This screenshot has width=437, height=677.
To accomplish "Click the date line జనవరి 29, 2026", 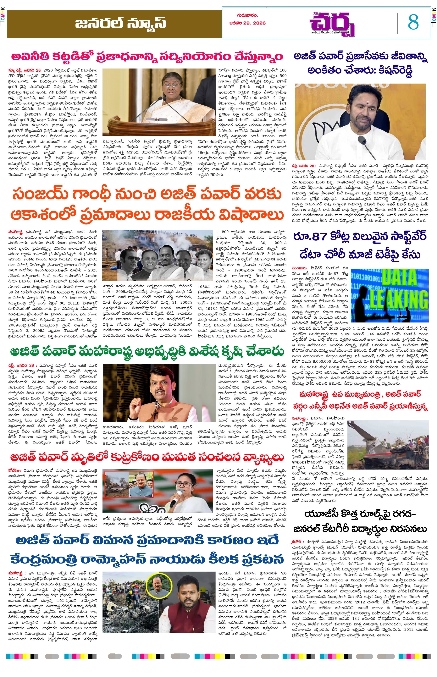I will pyautogui.click(x=247, y=23).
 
